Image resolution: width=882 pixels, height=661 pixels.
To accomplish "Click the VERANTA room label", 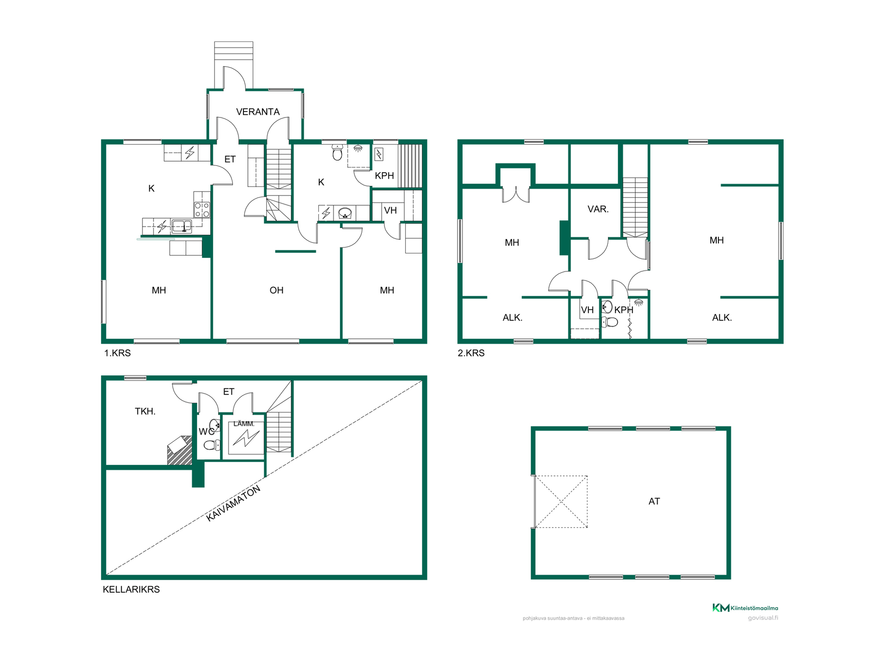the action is point(258,112).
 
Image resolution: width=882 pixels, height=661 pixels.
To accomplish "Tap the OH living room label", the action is point(277,290).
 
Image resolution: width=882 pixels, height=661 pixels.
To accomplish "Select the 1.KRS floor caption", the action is point(118,353).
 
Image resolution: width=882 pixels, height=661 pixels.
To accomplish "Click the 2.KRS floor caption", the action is point(471,353).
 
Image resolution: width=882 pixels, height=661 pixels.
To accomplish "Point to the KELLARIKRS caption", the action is point(131,589).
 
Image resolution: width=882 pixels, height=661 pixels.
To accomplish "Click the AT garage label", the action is point(654,501).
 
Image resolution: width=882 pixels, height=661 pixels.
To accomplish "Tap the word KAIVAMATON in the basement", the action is point(233,504).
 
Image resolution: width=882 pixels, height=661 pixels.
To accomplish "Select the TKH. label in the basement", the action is point(145,411).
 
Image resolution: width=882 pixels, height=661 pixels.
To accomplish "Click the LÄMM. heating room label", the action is point(244,424).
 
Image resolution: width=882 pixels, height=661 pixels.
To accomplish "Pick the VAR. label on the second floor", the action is point(598,209).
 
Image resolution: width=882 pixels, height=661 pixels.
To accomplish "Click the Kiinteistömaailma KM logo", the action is point(721,608).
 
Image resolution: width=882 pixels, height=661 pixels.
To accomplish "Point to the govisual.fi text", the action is point(763,618).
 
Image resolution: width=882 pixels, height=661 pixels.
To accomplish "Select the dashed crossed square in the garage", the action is point(561,502).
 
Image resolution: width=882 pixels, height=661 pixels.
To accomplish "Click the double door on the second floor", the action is point(516,194).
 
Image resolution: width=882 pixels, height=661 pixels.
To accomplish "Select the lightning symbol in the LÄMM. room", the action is point(246,439).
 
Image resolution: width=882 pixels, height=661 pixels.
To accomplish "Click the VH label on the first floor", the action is point(390,211).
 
